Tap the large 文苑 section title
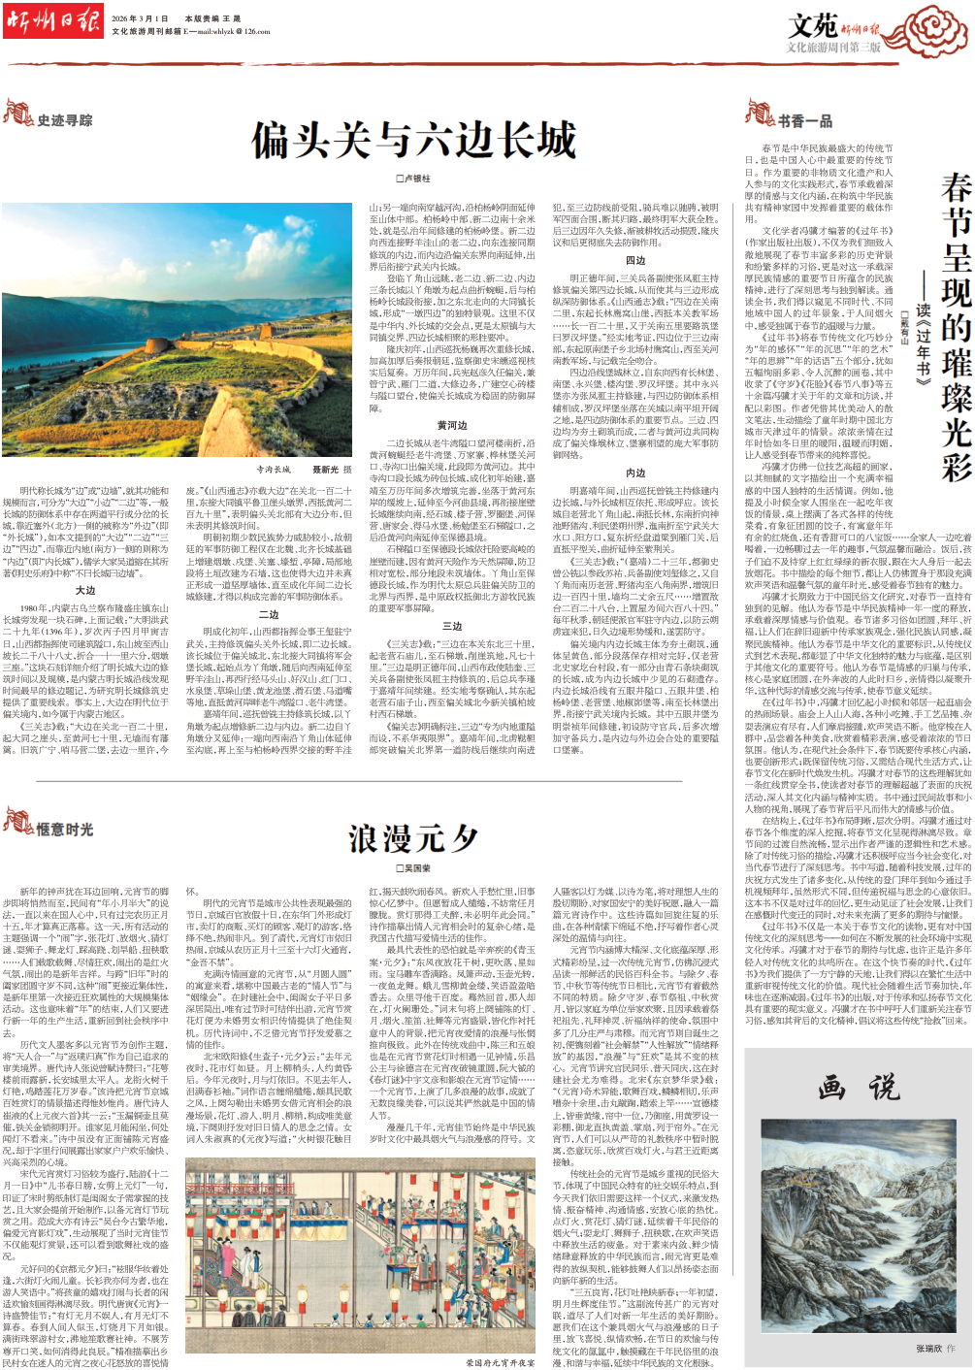(x=812, y=25)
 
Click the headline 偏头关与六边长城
(x=414, y=142)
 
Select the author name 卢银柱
(x=413, y=179)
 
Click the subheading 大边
(x=85, y=590)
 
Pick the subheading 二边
(x=269, y=614)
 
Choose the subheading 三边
(x=452, y=627)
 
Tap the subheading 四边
(x=635, y=261)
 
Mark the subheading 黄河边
(x=452, y=426)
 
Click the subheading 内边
(x=635, y=473)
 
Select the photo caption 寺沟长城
(x=274, y=470)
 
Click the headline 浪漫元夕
(x=414, y=838)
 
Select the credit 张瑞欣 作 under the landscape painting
(x=935, y=1349)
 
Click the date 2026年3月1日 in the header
(x=140, y=18)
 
